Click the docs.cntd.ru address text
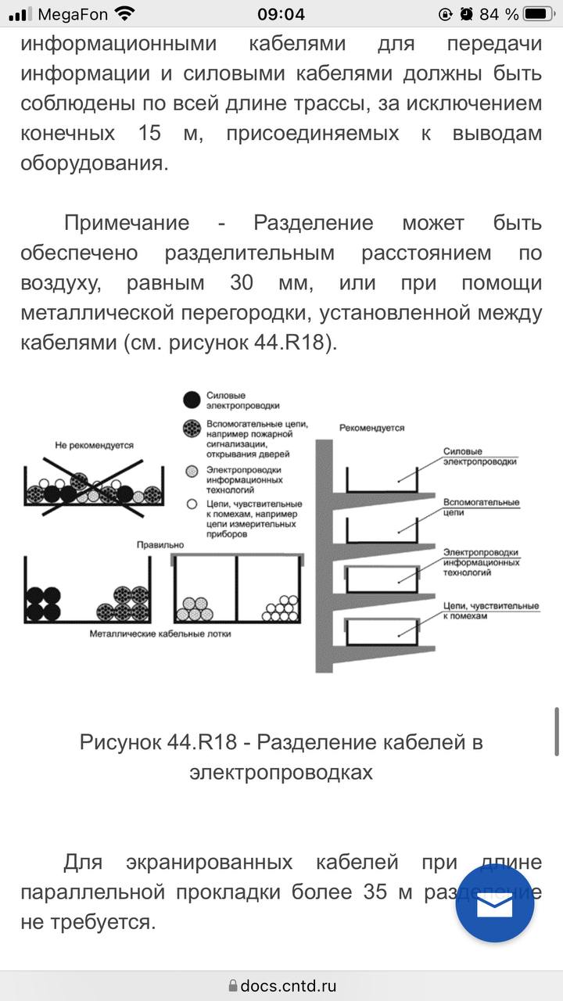[289, 985]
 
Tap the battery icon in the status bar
[539, 14]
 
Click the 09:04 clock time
[281, 14]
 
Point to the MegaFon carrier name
[73, 15]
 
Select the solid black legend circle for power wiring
[192, 400]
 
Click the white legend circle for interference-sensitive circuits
[192, 504]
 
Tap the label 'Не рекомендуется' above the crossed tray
[95, 445]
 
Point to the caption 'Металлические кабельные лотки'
[160, 633]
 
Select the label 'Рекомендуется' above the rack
[371, 428]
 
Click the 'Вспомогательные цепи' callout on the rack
[481, 508]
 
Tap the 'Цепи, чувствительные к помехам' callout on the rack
[491, 611]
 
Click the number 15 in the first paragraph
[149, 133]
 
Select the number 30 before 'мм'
[242, 283]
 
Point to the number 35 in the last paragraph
[375, 892]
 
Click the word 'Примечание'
[127, 223]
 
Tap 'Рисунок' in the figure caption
[120, 742]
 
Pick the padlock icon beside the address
[233, 985]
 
